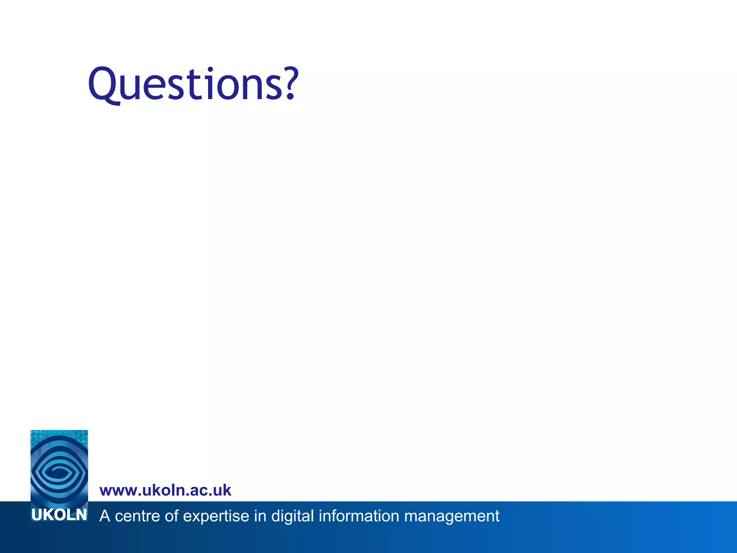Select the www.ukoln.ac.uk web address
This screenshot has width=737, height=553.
tap(165, 490)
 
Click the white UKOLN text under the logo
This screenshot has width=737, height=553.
tap(59, 515)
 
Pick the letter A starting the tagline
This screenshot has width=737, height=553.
tap(105, 516)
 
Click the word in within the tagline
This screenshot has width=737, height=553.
tap(260, 516)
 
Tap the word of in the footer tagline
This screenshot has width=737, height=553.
tap(172, 516)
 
